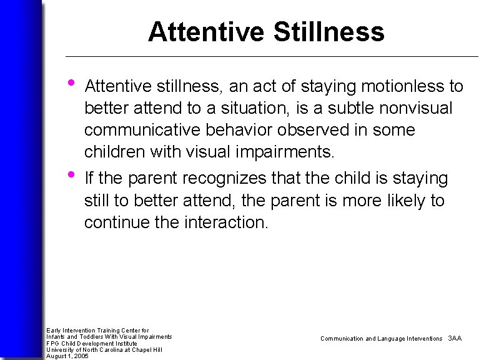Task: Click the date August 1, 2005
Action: [x=67, y=356]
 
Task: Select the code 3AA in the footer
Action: [x=455, y=338]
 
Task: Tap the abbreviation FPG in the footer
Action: [x=52, y=343]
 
